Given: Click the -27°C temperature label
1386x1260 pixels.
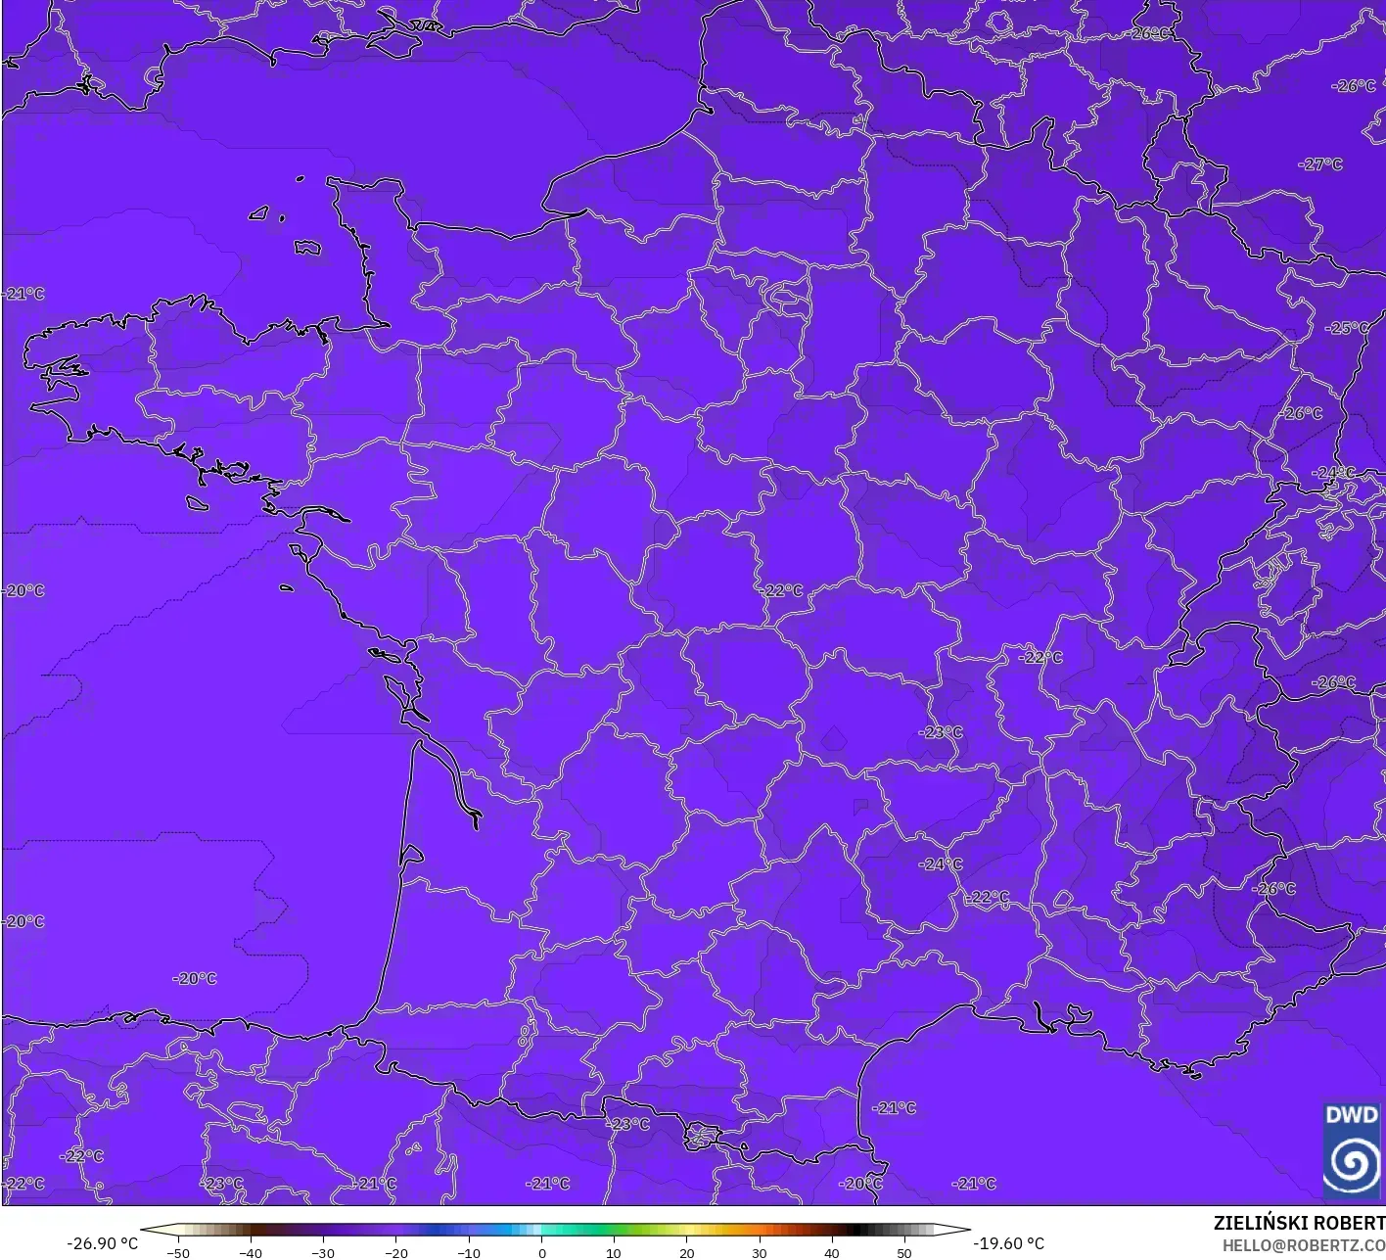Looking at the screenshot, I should (1320, 164).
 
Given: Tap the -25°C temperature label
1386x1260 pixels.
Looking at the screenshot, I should (1347, 328).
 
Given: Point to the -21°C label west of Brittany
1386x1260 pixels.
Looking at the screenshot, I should (23, 294).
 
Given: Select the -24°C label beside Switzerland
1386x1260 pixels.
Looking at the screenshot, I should (1333, 473).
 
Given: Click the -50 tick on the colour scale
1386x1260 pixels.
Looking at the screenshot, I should (178, 1253).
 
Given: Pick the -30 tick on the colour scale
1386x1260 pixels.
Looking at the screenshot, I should (323, 1253).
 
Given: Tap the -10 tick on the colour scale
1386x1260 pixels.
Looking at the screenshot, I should (469, 1253).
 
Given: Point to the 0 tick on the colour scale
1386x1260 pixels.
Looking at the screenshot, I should (541, 1253).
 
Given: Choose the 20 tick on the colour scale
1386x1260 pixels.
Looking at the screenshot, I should (687, 1253).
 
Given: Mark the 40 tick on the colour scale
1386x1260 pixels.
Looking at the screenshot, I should (832, 1253).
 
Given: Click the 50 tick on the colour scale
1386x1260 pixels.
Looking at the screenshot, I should (904, 1253).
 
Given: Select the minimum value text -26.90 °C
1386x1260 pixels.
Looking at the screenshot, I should (102, 1243).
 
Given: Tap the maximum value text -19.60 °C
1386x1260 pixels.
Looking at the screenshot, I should (1009, 1243).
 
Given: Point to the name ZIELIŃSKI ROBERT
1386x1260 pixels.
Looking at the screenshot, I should (1299, 1223).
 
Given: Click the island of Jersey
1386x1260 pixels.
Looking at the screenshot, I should (307, 247).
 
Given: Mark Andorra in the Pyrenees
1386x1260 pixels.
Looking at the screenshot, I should (702, 1136).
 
